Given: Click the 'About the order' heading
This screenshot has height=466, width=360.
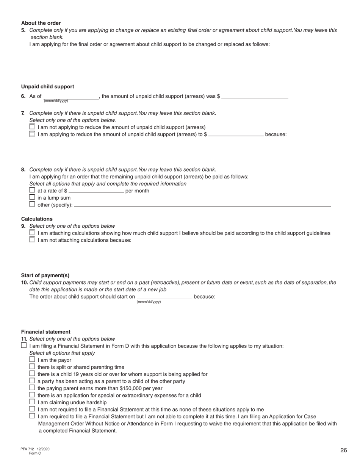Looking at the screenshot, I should [41, 23].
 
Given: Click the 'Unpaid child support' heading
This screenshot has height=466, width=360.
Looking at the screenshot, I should [47, 87].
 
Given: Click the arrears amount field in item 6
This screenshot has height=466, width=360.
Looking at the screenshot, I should [255, 96].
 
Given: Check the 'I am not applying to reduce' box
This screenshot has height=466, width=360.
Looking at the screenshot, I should [32, 127].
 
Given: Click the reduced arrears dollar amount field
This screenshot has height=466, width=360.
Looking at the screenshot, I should [236, 134].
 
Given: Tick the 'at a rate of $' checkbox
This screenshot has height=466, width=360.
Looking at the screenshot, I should [32, 190].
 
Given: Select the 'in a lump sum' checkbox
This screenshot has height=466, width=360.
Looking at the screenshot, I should [32, 197].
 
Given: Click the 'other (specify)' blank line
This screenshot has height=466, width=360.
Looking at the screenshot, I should [202, 205].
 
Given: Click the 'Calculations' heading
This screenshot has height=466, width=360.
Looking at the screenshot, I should [37, 219].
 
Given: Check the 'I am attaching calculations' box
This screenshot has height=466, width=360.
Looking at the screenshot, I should [32, 233].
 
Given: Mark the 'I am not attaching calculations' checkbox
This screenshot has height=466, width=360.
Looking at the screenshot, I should [32, 240].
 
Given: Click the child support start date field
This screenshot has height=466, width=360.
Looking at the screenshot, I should [164, 297].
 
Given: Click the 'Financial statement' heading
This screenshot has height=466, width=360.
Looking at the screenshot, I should [45, 332].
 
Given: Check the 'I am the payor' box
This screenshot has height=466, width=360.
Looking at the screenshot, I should [32, 360].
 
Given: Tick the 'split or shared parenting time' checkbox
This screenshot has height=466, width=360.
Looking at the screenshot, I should [32, 367].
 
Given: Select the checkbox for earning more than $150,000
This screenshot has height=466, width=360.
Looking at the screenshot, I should [32, 388].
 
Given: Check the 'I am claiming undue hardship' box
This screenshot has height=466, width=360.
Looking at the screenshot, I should [32, 402].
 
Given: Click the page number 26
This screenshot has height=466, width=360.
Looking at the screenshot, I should [343, 450].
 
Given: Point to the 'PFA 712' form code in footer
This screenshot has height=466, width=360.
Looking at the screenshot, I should [27, 449].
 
